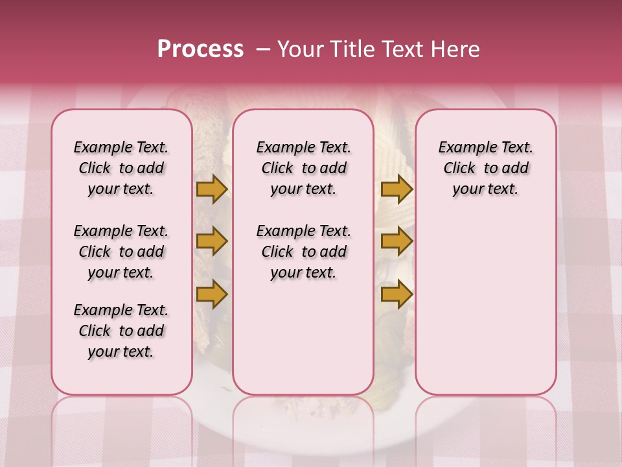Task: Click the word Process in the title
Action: pyautogui.click(x=200, y=49)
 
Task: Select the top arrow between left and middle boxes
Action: pyautogui.click(x=212, y=189)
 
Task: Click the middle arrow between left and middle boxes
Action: pyautogui.click(x=212, y=242)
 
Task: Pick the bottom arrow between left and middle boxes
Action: pyautogui.click(x=212, y=294)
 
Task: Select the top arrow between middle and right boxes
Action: pyautogui.click(x=397, y=189)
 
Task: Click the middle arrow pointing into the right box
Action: pyautogui.click(x=397, y=242)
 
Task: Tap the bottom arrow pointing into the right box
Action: pyautogui.click(x=397, y=294)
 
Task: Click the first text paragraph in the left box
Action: pyautogui.click(x=121, y=168)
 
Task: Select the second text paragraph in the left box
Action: pyautogui.click(x=121, y=252)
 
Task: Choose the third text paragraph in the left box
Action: pyautogui.click(x=121, y=331)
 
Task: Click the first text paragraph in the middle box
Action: pyautogui.click(x=303, y=168)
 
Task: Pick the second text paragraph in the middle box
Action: pyautogui.click(x=303, y=252)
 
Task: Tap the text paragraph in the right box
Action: pyautogui.click(x=485, y=168)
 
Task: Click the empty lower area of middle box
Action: pyautogui.click(x=303, y=337)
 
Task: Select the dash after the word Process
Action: pyautogui.click(x=263, y=49)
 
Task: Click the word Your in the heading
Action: pyautogui.click(x=299, y=49)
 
